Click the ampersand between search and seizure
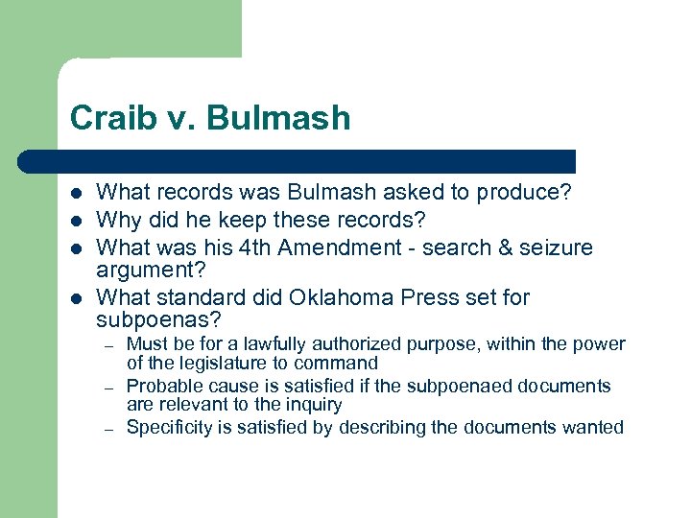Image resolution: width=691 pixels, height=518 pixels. pos(505,247)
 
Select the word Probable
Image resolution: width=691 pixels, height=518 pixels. pos(160,387)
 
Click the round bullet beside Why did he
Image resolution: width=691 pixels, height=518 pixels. pos(77,220)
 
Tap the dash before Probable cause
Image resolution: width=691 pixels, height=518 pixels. pos(110,387)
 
